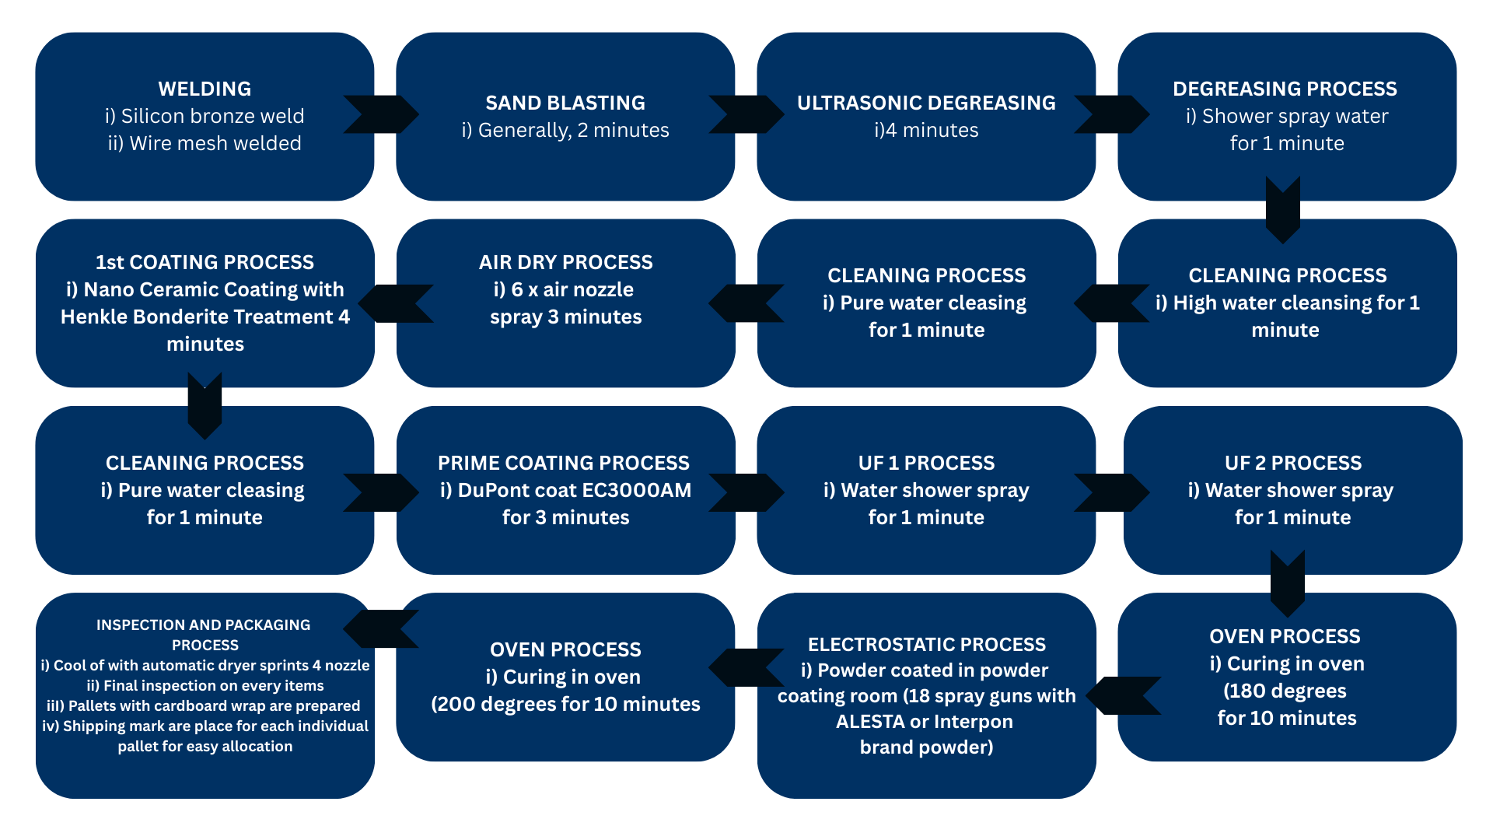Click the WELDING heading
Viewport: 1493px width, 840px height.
coord(205,89)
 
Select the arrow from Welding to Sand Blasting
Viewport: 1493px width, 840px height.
coord(381,114)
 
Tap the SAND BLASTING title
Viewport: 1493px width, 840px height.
coord(565,103)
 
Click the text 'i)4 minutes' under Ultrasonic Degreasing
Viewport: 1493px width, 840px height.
coord(926,130)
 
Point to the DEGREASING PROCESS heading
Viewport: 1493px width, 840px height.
coord(1285,89)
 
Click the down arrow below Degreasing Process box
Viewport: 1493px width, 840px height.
coord(1283,209)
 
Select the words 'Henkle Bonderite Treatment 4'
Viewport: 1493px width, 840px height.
coord(205,317)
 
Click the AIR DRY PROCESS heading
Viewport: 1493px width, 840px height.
coord(565,262)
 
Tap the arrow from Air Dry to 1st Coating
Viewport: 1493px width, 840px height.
coord(397,303)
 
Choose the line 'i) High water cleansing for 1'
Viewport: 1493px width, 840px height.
coord(1287,303)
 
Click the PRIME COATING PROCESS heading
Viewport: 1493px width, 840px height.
coord(564,463)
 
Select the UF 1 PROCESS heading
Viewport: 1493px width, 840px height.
coord(926,463)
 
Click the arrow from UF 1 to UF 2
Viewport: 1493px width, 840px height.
coord(1110,492)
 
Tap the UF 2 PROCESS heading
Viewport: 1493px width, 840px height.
coord(1292,463)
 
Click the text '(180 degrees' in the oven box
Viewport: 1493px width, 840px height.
coord(1285,691)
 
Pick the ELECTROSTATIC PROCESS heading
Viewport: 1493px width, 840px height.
coord(926,644)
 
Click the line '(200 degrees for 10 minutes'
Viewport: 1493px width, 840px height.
coord(565,704)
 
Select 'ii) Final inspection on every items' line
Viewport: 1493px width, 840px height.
coord(205,685)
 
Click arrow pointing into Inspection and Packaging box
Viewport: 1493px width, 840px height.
coord(381,628)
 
